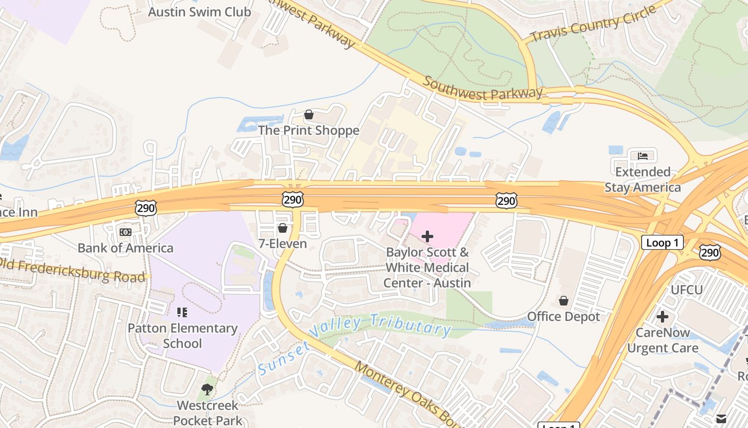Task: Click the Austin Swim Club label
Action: pos(199,12)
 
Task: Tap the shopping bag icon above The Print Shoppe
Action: pos(308,114)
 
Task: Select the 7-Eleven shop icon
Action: pos(283,228)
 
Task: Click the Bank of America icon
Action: pos(126,232)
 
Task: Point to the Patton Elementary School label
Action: pos(182,335)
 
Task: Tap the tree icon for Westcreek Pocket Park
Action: pos(207,389)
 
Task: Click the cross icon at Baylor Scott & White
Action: pos(427,236)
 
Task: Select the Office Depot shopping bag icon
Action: pos(563,301)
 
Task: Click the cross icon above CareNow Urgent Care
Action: pos(663,317)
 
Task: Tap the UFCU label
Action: pos(687,290)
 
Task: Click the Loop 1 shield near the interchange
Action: pos(662,242)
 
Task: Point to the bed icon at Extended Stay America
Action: pos(643,156)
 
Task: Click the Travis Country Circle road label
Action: pos(593,25)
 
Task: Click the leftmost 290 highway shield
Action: pos(146,208)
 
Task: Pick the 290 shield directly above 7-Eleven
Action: pos(292,200)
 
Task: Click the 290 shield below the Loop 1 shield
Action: pos(710,252)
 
